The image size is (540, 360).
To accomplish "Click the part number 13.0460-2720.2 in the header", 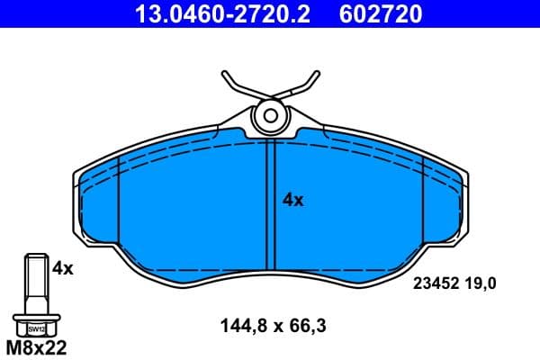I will coord(226,13).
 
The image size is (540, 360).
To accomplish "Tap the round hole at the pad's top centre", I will coord(270,115).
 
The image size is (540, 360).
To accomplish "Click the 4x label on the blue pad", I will coord(293,201).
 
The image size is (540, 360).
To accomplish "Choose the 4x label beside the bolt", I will coord(62,267).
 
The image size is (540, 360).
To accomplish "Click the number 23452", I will coord(435,283).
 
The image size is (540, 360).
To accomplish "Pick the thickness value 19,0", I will coord(481,283).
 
